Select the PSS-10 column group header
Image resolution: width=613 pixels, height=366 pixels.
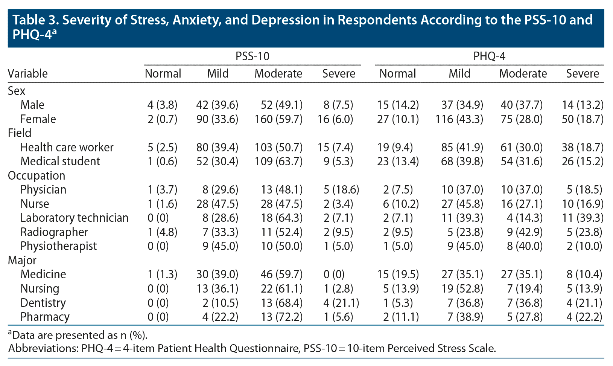(x=252, y=56)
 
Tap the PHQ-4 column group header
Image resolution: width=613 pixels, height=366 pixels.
(x=489, y=56)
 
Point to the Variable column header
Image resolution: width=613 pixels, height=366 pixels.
(x=28, y=73)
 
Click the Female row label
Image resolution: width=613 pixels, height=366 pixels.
(x=38, y=119)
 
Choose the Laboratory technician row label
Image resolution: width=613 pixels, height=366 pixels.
(x=74, y=218)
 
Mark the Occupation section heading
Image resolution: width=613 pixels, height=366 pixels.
(x=37, y=175)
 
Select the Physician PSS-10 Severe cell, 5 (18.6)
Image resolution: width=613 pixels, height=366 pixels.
(x=341, y=189)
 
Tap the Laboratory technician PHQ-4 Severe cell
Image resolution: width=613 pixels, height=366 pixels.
(x=582, y=218)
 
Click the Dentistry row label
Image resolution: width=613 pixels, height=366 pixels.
(x=43, y=303)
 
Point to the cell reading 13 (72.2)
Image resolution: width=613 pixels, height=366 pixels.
(x=281, y=317)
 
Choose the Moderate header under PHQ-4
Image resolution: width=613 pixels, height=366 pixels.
(x=523, y=73)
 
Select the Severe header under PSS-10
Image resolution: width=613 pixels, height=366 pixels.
(x=339, y=73)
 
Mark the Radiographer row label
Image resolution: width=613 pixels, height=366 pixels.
(x=54, y=232)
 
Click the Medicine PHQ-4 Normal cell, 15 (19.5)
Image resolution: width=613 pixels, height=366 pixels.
(x=398, y=274)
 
